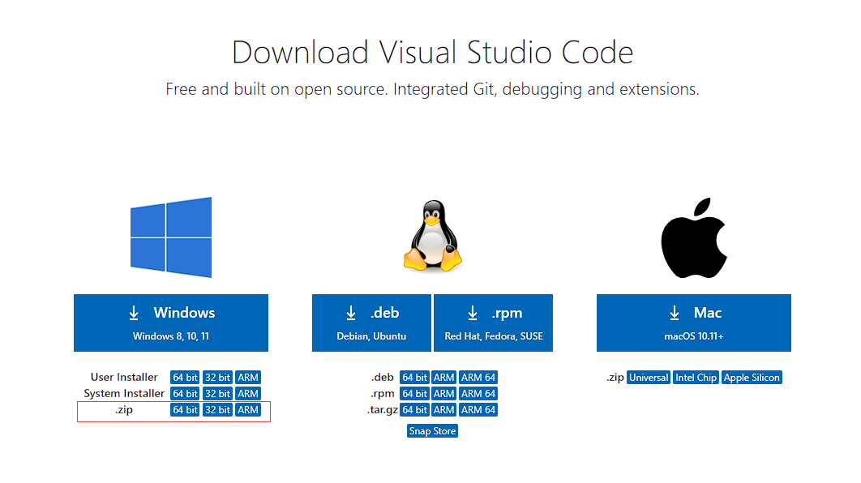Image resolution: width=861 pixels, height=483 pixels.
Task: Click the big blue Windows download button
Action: [171, 323]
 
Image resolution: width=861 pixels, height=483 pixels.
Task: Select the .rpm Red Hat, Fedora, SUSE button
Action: [493, 323]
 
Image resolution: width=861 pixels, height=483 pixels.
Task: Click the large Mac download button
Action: [693, 323]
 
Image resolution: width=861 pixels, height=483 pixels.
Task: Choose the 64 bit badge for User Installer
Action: [185, 378]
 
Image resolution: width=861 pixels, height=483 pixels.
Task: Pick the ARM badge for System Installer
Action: [248, 394]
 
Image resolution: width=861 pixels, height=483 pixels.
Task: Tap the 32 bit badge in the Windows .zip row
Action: [217, 410]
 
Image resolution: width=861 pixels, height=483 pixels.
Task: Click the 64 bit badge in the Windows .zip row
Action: [185, 410]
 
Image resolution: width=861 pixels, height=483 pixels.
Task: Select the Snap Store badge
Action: [432, 431]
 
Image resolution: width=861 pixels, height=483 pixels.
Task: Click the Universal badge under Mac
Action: [649, 378]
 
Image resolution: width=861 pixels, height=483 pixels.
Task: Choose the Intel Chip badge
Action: [696, 378]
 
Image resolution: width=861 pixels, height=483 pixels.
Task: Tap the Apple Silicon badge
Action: [752, 378]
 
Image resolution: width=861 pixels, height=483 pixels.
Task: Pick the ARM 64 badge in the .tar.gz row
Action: [478, 410]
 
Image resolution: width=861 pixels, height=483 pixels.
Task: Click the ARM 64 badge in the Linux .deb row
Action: [478, 378]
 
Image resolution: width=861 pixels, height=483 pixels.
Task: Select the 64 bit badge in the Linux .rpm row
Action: [414, 394]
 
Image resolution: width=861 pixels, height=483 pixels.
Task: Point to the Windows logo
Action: [171, 237]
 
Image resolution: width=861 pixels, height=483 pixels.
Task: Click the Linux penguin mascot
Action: [432, 237]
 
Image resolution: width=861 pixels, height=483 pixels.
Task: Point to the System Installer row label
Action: [124, 394]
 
